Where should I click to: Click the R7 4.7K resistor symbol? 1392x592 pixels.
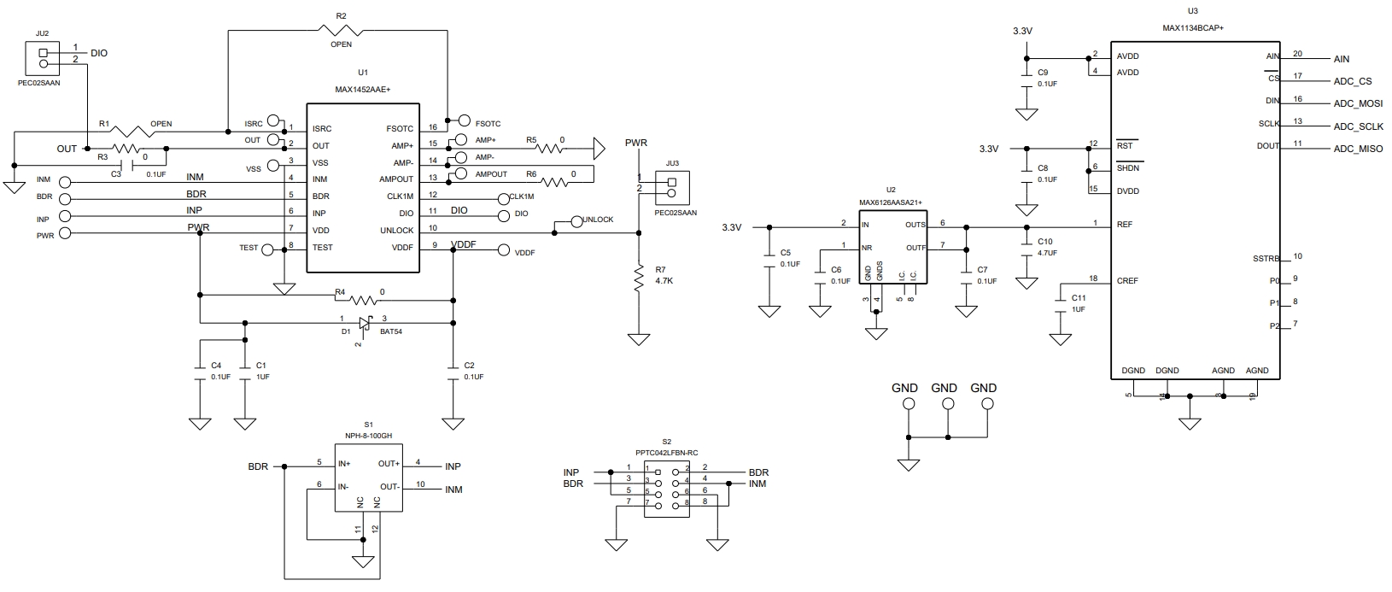(x=639, y=278)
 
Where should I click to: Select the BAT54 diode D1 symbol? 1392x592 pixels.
(x=365, y=324)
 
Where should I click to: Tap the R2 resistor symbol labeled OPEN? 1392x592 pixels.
(x=341, y=31)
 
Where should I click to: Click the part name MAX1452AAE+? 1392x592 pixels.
(x=363, y=89)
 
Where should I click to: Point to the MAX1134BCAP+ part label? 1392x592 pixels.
(x=1192, y=28)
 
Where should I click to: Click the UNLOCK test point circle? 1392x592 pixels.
(x=576, y=221)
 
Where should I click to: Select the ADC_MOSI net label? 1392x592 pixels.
(x=1359, y=104)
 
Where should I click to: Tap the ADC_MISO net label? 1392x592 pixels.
(x=1359, y=149)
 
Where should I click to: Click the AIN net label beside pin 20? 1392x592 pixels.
(x=1341, y=59)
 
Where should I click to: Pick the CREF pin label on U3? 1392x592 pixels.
(x=1127, y=281)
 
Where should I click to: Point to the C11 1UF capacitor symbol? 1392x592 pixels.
(x=1061, y=303)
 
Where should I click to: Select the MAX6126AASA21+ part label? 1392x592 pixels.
(x=891, y=202)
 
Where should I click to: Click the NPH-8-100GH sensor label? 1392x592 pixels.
(x=369, y=436)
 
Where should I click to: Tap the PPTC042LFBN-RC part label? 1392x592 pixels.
(x=667, y=453)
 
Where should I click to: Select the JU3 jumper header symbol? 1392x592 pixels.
(x=672, y=188)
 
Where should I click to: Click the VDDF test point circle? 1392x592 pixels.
(x=503, y=250)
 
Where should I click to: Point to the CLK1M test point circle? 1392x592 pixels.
(x=503, y=199)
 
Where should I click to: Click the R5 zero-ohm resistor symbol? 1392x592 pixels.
(x=550, y=149)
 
